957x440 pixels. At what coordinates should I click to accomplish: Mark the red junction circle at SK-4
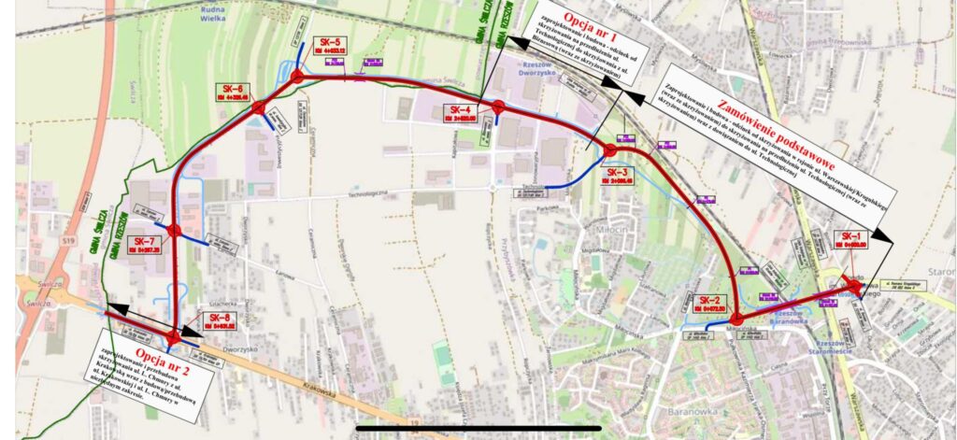(x=498, y=106)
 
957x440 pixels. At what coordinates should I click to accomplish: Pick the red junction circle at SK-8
(x=173, y=335)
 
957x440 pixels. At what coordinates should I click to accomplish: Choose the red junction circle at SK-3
(x=610, y=149)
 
